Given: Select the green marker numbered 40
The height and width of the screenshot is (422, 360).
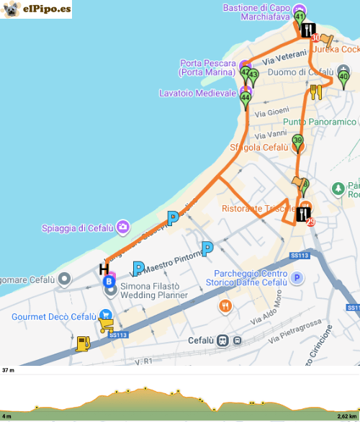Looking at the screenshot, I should tap(343, 77).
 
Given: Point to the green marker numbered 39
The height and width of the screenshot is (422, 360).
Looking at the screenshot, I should tap(297, 143).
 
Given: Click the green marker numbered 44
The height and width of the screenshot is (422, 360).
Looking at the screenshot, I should tap(246, 98).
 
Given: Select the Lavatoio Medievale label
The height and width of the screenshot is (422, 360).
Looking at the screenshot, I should tap(197, 93).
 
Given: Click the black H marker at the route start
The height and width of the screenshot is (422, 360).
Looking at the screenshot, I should tap(104, 269).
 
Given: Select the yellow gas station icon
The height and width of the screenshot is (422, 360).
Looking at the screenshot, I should tap(84, 344).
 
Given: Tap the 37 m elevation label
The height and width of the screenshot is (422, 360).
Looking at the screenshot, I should tap(8, 370).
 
